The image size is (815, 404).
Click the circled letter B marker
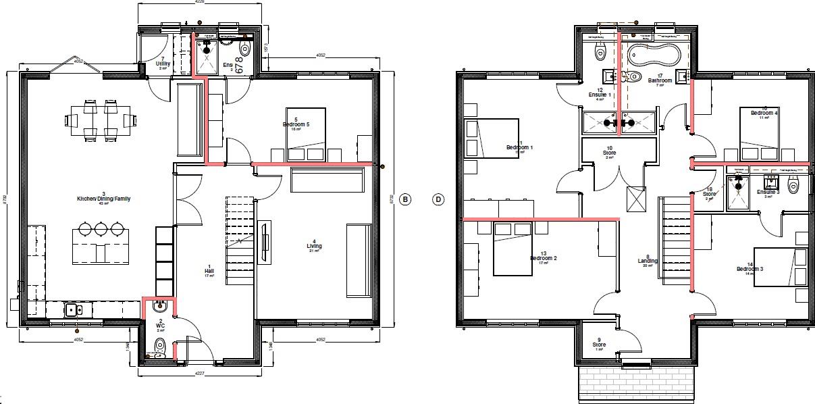(x=404, y=199)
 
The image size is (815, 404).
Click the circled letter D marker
(x=438, y=199)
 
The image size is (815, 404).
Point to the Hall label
(x=209, y=271)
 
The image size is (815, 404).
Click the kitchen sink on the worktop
(x=74, y=310)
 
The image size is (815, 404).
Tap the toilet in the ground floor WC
(x=159, y=346)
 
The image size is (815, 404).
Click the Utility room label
(x=163, y=65)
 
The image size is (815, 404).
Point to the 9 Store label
(x=599, y=345)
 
